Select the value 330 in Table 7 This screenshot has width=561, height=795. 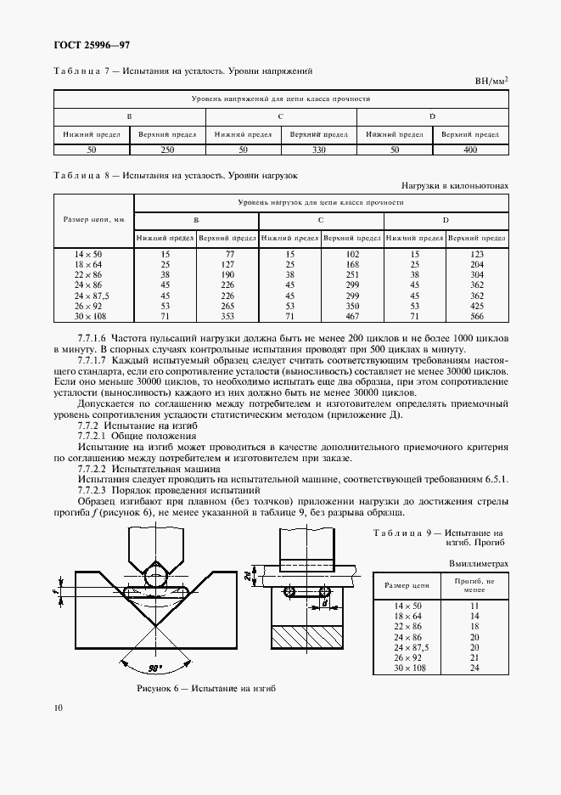pyautogui.click(x=319, y=149)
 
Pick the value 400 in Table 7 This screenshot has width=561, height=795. pyautogui.click(x=470, y=149)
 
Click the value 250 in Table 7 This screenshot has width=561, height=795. pyautogui.click(x=166, y=149)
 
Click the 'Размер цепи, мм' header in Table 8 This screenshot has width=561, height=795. pyautogui.click(x=94, y=220)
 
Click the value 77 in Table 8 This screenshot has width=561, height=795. pyautogui.click(x=227, y=253)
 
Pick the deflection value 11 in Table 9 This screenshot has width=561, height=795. pyautogui.click(x=474, y=605)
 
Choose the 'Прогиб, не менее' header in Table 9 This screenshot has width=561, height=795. pyautogui.click(x=474, y=586)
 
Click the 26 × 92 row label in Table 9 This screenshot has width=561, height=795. pyautogui.click(x=408, y=657)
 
